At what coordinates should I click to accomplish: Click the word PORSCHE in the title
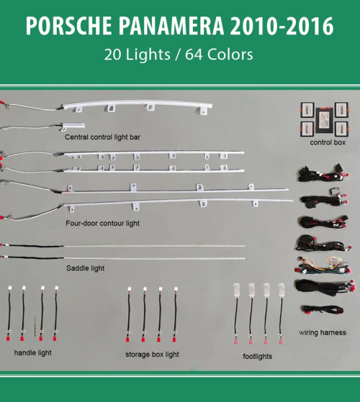click(x=68, y=26)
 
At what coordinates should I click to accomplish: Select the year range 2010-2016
click(x=282, y=26)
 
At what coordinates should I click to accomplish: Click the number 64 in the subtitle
click(x=194, y=55)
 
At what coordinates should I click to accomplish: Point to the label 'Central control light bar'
click(x=102, y=137)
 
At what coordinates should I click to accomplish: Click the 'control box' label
click(x=328, y=142)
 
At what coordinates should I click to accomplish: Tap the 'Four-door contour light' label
click(x=102, y=224)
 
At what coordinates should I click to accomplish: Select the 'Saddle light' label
click(x=85, y=268)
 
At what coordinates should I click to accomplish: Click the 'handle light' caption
click(x=32, y=353)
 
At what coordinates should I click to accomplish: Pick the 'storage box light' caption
click(x=152, y=355)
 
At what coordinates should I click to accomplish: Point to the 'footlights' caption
click(x=257, y=357)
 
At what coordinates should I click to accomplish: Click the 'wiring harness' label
click(x=323, y=332)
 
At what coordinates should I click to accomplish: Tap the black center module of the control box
click(x=325, y=120)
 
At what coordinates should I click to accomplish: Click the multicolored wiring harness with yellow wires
click(x=323, y=265)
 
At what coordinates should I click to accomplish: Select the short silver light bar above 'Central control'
click(x=73, y=125)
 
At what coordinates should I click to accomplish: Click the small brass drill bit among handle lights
click(x=35, y=326)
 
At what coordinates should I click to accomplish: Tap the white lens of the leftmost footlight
click(x=236, y=290)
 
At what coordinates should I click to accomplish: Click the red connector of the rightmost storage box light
click(x=174, y=339)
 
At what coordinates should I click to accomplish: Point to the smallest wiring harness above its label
click(x=322, y=309)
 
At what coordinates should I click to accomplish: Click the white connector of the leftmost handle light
click(x=10, y=288)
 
